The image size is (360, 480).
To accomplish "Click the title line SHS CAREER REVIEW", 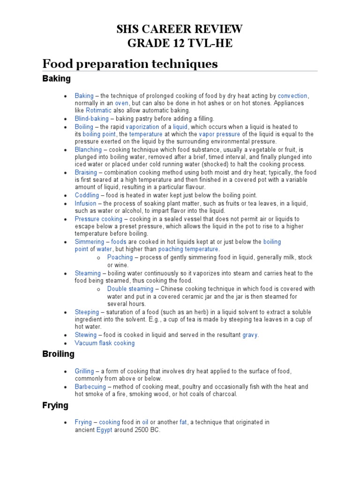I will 180,30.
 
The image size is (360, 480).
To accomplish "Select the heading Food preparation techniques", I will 130,63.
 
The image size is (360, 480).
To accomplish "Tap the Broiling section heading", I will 58,354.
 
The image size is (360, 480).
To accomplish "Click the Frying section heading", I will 55,405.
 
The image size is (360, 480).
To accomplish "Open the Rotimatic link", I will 98,110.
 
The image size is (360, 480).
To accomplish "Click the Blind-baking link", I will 91,119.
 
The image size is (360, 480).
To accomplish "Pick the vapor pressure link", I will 219,134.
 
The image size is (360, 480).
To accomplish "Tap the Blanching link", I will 88,150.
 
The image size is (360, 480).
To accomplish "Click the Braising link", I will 86,172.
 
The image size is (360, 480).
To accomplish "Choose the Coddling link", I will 87,195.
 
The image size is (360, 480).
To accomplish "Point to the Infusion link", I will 85,203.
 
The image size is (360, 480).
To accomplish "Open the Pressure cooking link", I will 98,219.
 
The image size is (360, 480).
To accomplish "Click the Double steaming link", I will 130,289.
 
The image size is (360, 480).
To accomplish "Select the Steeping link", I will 87,312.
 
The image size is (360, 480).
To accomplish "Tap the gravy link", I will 250,335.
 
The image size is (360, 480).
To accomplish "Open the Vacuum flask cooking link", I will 105,343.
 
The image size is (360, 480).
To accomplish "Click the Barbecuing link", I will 91,387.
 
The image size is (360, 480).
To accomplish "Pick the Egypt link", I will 104,430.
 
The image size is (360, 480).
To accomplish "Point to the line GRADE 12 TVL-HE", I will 180,44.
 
